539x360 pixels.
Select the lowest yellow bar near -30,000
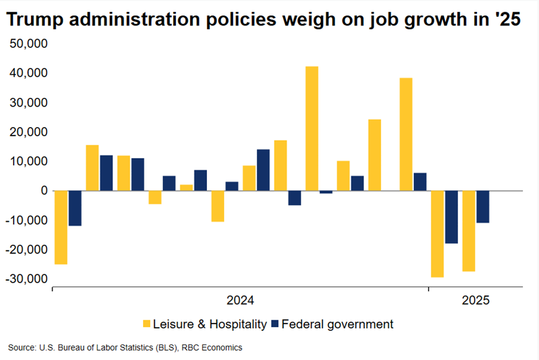point(437,234)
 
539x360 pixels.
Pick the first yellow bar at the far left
point(61,227)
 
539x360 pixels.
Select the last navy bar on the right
point(483,206)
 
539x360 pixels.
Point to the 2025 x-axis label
point(476,301)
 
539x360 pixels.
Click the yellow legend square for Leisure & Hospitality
point(147,323)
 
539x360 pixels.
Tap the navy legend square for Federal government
point(276,323)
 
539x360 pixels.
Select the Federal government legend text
point(338,323)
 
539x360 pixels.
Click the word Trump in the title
point(31,20)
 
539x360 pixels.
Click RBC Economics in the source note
point(213,348)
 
